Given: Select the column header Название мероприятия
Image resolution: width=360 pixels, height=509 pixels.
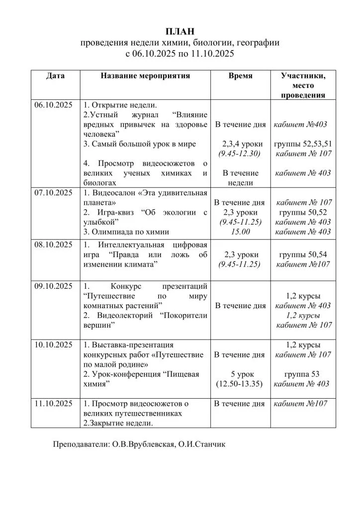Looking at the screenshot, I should (x=145, y=76).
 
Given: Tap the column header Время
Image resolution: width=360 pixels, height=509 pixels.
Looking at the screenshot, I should (x=240, y=76).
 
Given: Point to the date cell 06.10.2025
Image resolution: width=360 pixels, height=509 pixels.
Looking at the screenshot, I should (x=53, y=105).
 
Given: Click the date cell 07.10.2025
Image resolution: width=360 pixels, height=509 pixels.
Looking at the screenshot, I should (x=53, y=192).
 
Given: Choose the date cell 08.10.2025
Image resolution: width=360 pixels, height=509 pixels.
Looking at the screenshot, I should (x=53, y=245).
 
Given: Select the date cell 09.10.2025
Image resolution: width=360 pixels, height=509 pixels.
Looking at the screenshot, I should (x=53, y=286).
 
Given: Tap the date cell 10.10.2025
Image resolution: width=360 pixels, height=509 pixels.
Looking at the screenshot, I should (x=53, y=344).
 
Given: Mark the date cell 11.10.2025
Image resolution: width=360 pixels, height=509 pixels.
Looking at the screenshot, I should (x=53, y=404).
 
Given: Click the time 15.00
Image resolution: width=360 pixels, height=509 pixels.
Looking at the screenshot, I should (x=240, y=232).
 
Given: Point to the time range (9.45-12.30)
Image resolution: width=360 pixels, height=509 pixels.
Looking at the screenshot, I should (x=240, y=154).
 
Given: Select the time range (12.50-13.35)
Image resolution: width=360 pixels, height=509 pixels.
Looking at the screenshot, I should (x=240, y=384).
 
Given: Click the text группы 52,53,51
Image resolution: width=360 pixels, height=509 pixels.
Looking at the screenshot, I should (x=303, y=144).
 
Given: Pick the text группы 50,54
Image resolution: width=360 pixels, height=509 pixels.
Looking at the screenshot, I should (x=303, y=254).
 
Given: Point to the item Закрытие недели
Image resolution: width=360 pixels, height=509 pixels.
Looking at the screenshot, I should (x=121, y=423).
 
